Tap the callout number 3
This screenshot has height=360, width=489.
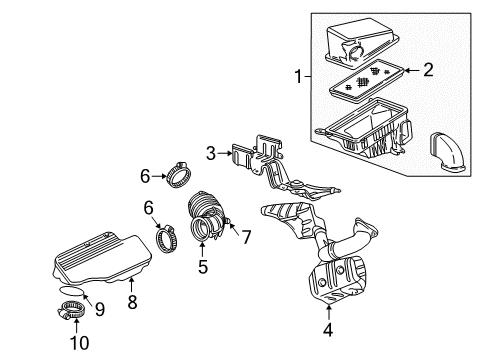(211, 152)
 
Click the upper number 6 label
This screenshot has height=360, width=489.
(145, 176)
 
